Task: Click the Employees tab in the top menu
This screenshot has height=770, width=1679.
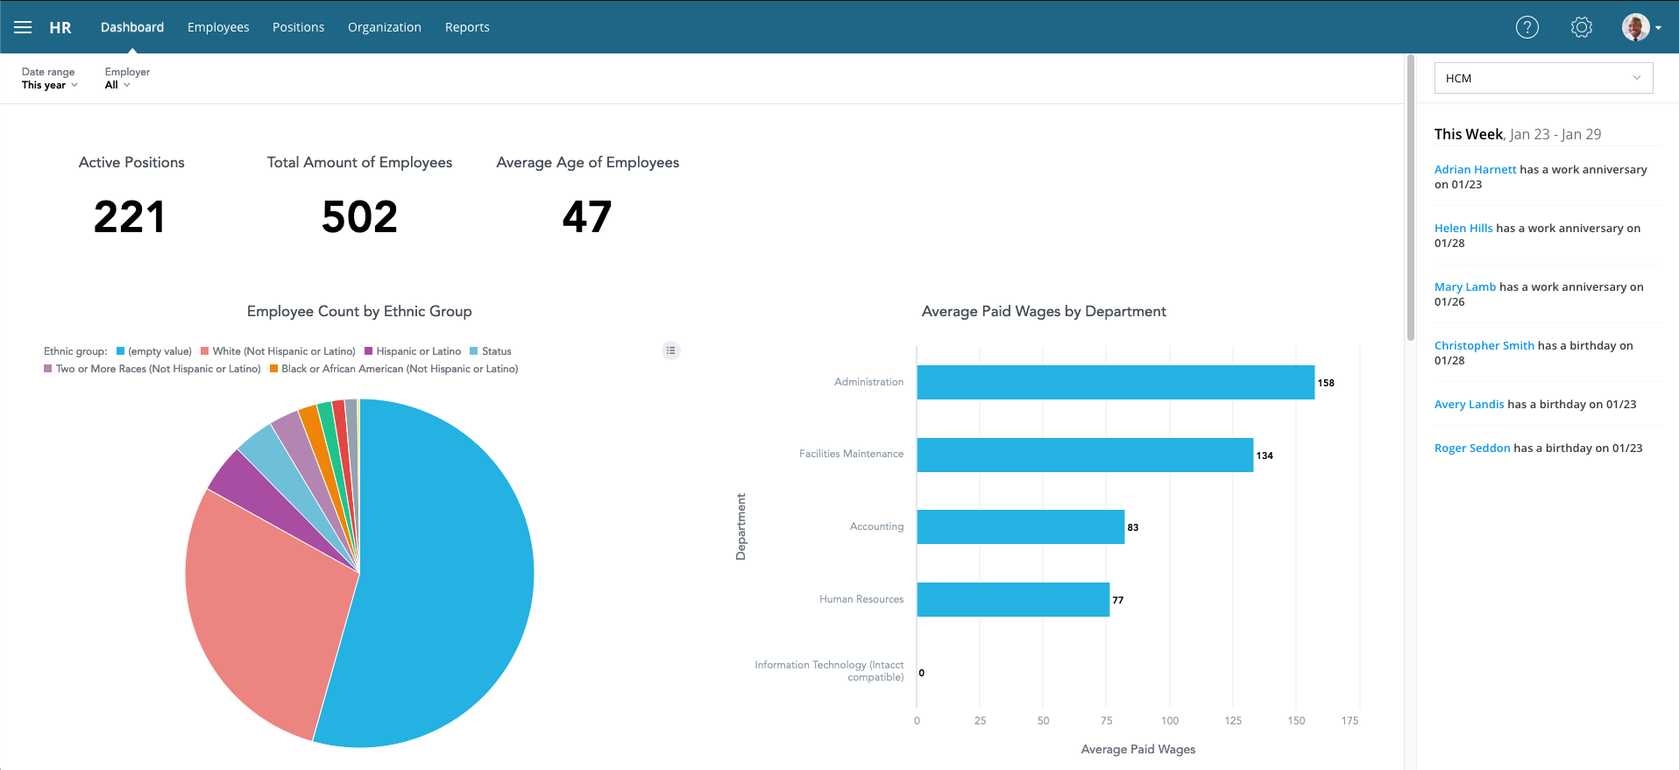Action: point(218,27)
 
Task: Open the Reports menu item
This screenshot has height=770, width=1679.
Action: point(467,27)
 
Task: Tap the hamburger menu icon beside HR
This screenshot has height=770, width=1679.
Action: point(23,27)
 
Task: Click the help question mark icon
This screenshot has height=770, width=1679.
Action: point(1527,27)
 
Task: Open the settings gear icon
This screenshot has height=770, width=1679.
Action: point(1582,27)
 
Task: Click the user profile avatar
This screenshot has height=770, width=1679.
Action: point(1636,27)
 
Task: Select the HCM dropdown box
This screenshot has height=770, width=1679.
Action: point(1543,78)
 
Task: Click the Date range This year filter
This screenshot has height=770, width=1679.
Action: point(49,85)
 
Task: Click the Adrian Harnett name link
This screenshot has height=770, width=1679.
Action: point(1475,169)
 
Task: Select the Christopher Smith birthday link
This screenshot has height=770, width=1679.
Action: point(1484,345)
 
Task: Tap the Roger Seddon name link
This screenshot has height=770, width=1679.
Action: point(1472,448)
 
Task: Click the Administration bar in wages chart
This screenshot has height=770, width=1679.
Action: point(1115,382)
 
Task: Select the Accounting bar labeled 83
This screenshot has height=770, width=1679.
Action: point(1020,526)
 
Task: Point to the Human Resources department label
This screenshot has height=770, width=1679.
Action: point(861,599)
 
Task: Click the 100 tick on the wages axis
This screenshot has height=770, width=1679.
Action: point(1170,721)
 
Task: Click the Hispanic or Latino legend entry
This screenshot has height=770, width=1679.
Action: point(418,351)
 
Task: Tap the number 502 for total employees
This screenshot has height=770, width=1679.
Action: point(359,216)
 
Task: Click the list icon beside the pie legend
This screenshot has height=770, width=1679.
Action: point(671,350)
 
